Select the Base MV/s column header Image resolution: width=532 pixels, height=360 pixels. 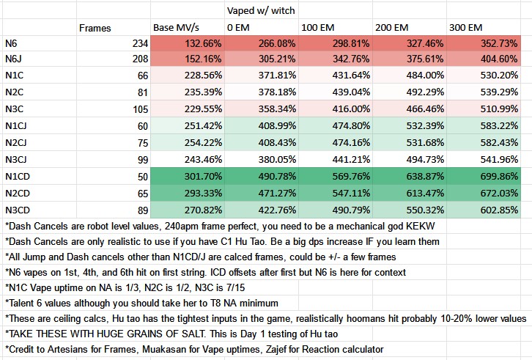[x=179, y=28]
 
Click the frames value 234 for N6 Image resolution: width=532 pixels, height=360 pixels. [x=138, y=45]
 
